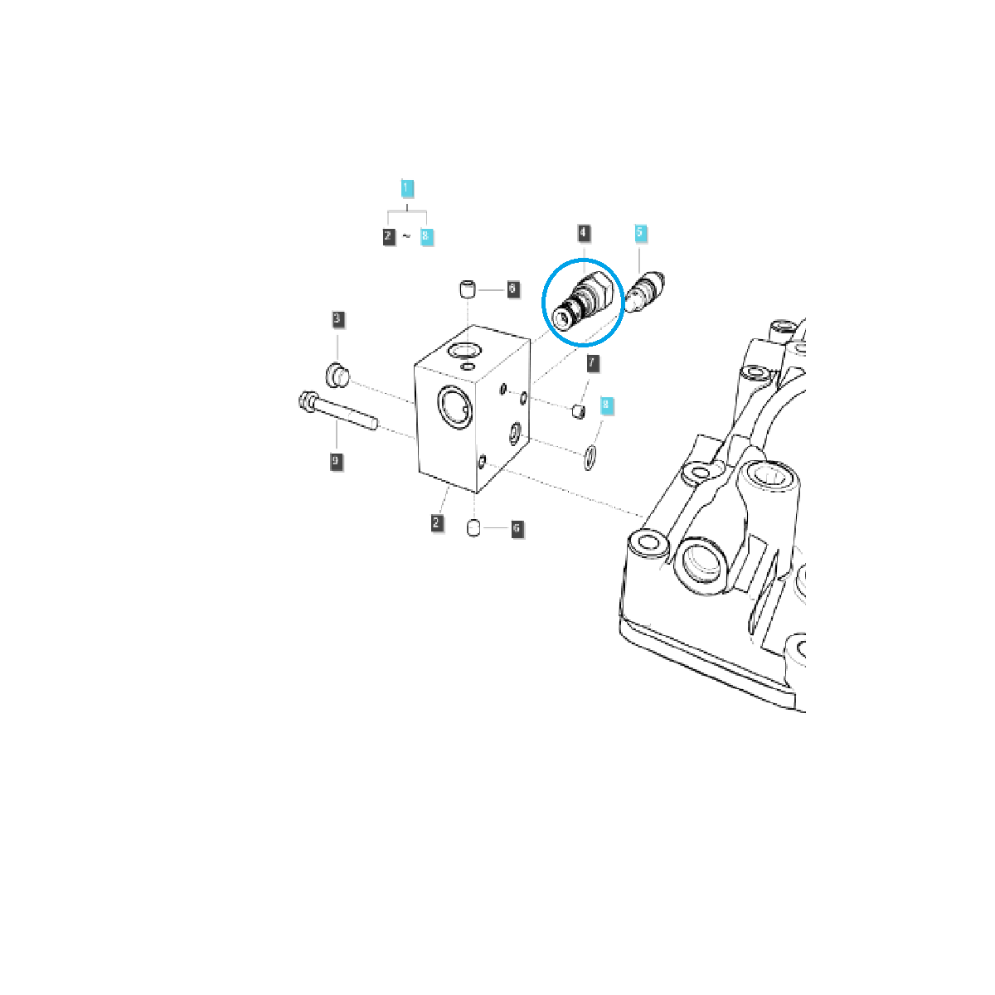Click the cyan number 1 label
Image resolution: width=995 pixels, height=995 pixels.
pyautogui.click(x=406, y=188)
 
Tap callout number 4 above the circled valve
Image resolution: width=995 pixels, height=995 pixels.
pyautogui.click(x=585, y=232)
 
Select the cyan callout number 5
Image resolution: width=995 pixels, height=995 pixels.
pyautogui.click(x=640, y=232)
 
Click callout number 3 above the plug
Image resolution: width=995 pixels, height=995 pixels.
pyautogui.click(x=337, y=318)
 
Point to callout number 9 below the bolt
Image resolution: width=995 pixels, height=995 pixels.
pyautogui.click(x=336, y=461)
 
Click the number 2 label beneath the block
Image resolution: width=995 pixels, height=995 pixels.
pyautogui.click(x=437, y=522)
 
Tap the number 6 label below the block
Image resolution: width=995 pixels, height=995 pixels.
pyautogui.click(x=517, y=528)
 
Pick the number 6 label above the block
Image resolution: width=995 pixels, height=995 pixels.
pyautogui.click(x=512, y=289)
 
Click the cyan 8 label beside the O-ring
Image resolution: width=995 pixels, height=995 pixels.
pyautogui.click(x=606, y=405)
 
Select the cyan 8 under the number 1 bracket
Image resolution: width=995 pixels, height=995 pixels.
pyautogui.click(x=425, y=236)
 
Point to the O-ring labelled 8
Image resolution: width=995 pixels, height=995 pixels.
pyautogui.click(x=590, y=457)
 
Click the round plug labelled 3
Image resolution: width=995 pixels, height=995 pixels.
pyautogui.click(x=337, y=374)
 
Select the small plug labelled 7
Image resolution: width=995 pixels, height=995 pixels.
pyautogui.click(x=580, y=410)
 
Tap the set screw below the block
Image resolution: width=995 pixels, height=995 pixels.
pyautogui.click(x=475, y=527)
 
